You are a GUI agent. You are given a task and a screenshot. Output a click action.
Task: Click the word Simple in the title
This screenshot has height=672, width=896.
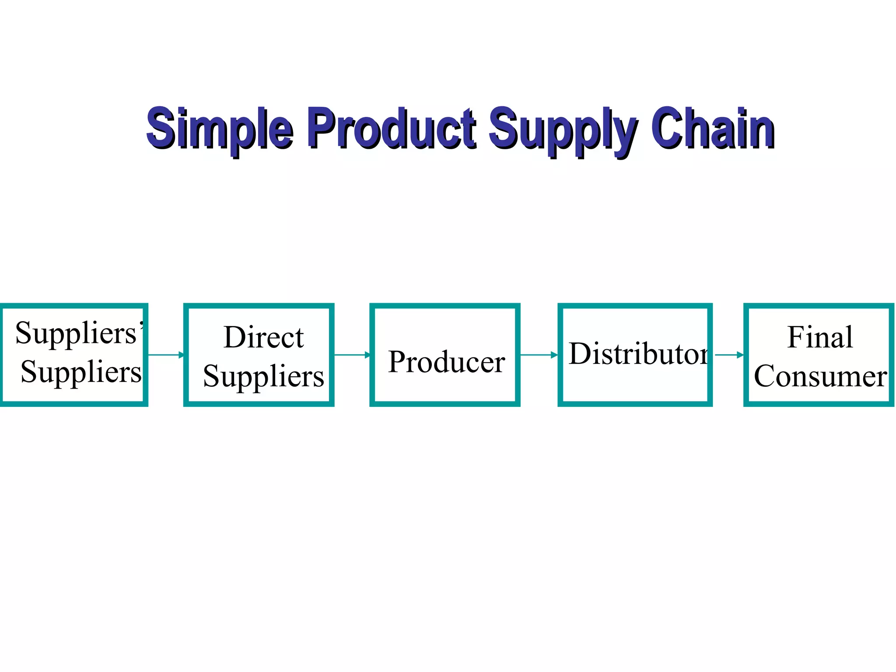click(220, 128)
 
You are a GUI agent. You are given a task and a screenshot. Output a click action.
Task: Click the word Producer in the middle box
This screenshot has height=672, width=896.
click(446, 362)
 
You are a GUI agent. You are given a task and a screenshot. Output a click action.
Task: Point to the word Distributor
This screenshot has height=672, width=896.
click(638, 353)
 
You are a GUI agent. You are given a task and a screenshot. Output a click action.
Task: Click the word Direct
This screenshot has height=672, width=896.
click(263, 337)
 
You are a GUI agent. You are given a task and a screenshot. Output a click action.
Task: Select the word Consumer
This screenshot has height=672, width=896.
click(820, 376)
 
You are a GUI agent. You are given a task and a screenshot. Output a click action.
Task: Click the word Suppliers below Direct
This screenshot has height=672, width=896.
click(263, 376)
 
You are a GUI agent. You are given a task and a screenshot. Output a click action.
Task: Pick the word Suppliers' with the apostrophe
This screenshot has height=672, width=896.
click(78, 333)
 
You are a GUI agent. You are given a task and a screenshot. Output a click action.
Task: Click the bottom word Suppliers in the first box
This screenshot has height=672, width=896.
click(81, 372)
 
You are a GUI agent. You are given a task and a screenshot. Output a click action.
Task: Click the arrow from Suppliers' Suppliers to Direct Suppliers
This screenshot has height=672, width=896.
click(166, 355)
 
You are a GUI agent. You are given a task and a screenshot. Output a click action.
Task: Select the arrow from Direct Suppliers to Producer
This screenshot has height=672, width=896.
click(352, 355)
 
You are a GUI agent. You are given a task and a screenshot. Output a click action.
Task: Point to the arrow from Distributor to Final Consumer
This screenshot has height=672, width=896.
click(729, 355)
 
